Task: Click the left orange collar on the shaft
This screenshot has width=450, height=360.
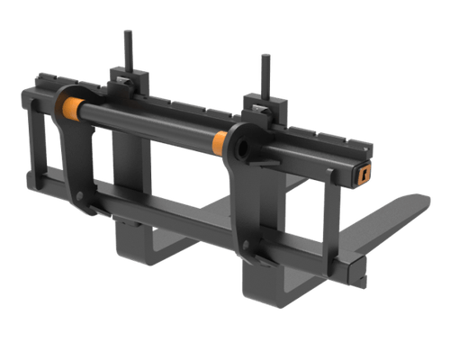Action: tap(66, 110)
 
